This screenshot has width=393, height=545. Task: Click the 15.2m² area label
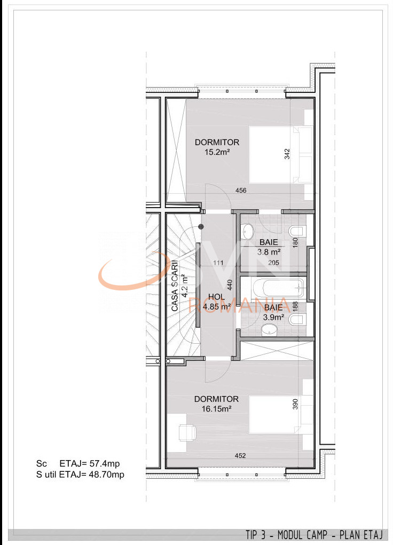(x=217, y=152)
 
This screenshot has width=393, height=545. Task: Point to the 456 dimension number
(x=241, y=191)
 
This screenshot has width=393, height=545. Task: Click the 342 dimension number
(x=287, y=154)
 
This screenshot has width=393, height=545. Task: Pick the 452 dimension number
(x=240, y=455)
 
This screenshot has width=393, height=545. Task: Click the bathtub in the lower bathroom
(x=279, y=289)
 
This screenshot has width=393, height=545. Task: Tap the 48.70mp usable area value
(x=111, y=473)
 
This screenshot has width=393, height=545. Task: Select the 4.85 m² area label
(x=217, y=307)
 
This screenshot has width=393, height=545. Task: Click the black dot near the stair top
(x=201, y=227)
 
